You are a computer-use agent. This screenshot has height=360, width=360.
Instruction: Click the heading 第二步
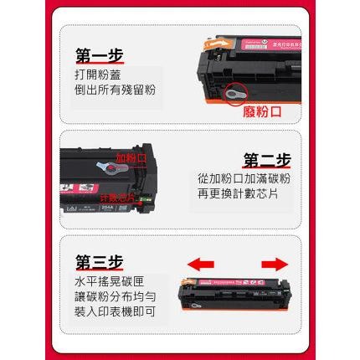(x=267, y=159)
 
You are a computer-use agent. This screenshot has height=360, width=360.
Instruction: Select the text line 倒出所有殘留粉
(x=115, y=90)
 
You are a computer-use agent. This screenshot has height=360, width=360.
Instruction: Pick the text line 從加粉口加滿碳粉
(x=244, y=178)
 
